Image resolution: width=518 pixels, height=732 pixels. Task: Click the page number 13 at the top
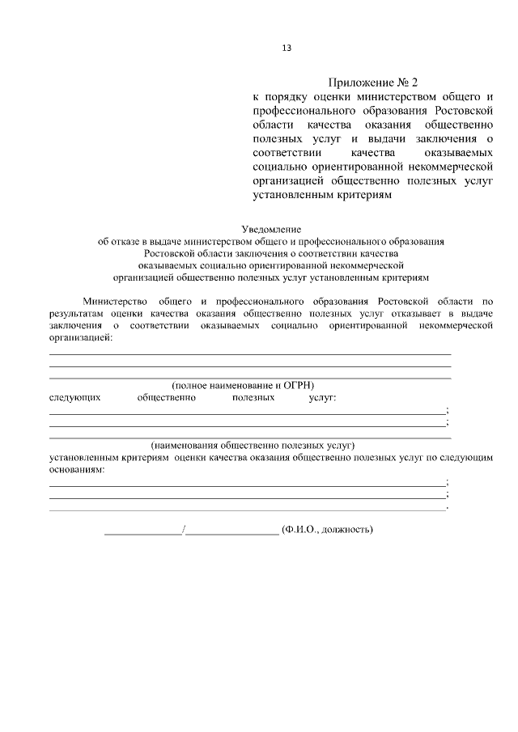click(286, 47)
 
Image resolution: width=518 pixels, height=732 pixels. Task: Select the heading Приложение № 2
click(375, 83)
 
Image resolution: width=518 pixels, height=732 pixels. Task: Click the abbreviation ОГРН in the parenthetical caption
click(298, 385)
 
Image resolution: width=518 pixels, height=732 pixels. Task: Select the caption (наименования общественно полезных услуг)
click(253, 445)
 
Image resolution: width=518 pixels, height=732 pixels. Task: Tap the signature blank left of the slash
click(143, 531)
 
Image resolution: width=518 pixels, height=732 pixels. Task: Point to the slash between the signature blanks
click(185, 530)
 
